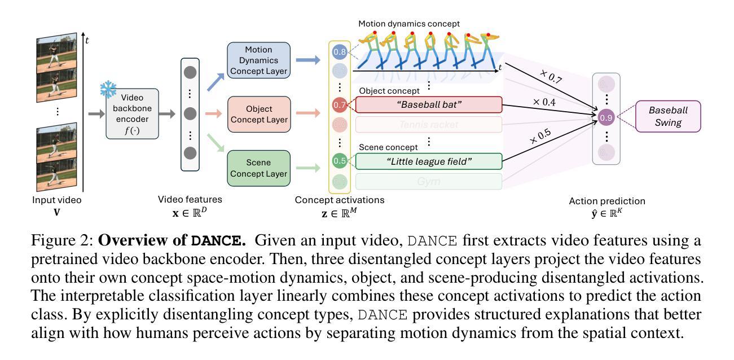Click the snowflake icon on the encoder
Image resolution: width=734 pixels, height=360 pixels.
pos(108,89)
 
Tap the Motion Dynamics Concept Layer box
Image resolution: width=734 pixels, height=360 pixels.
pos(258,60)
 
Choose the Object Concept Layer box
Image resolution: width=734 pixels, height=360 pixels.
pos(258,114)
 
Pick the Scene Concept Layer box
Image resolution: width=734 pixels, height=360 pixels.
pos(258,168)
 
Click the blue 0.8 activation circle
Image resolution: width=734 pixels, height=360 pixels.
pos(340,52)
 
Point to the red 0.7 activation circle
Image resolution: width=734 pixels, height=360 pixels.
pos(340,104)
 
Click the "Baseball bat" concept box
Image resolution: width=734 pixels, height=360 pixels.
pos(428,104)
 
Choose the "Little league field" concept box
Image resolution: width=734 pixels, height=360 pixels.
pos(428,161)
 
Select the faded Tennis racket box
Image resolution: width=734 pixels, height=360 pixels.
pos(428,124)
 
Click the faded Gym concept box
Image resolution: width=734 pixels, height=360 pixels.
pos(428,182)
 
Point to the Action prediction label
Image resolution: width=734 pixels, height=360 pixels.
pos(607,201)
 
